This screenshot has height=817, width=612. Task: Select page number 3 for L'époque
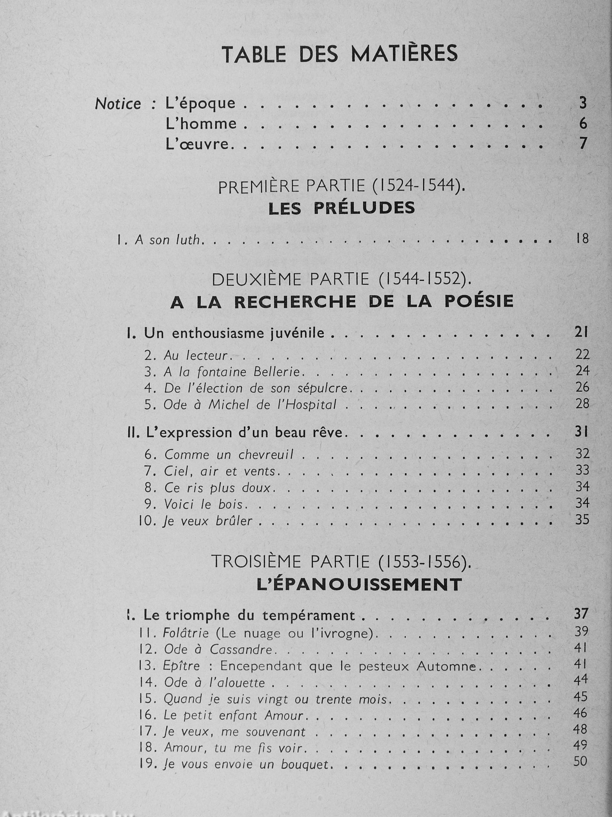583,103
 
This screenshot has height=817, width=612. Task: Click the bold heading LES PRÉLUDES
342,209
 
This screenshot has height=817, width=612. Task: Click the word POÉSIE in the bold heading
479,301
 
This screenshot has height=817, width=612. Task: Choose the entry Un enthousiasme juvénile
234,333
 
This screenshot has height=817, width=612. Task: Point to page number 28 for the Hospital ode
582,404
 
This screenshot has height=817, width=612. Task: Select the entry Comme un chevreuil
229,455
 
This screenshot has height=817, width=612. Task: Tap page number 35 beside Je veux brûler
582,520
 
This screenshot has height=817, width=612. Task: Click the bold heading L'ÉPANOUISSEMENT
359,584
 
